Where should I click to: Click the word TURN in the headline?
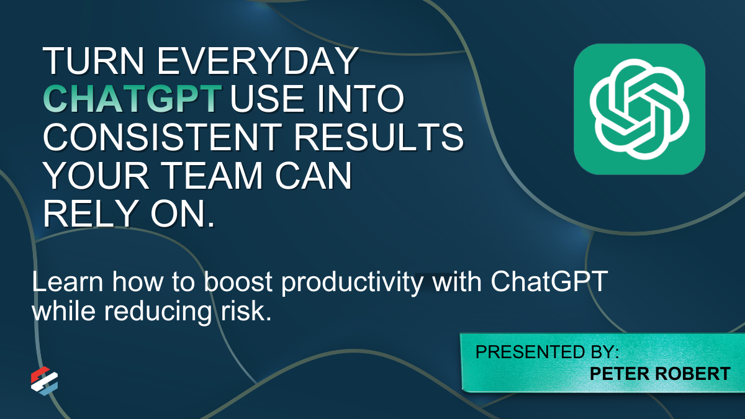pyautogui.click(x=94, y=61)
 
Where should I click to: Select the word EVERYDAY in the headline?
pyautogui.click(x=258, y=61)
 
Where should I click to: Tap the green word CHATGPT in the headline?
pyautogui.click(x=132, y=99)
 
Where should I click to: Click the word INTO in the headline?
pyautogui.click(x=361, y=99)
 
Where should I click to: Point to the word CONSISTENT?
pyautogui.click(x=163, y=137)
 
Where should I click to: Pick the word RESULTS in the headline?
pyautogui.click(x=379, y=137)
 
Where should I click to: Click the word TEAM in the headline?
pyautogui.click(x=213, y=175)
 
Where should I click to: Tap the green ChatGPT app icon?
pyautogui.click(x=639, y=109)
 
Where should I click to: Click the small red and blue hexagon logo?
pyautogui.click(x=44, y=381)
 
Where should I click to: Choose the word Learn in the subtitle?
pyautogui.click(x=68, y=282)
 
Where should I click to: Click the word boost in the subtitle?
pyautogui.click(x=238, y=282)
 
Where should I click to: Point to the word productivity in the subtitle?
pyautogui.click(x=352, y=283)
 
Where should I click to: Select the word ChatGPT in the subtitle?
pyautogui.click(x=549, y=282)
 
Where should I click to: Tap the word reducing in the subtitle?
pyautogui.click(x=158, y=312)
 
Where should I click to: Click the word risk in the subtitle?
pyautogui.click(x=246, y=310)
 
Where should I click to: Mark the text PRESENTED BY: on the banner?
pyautogui.click(x=547, y=352)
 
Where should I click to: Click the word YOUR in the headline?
pyautogui.click(x=96, y=175)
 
